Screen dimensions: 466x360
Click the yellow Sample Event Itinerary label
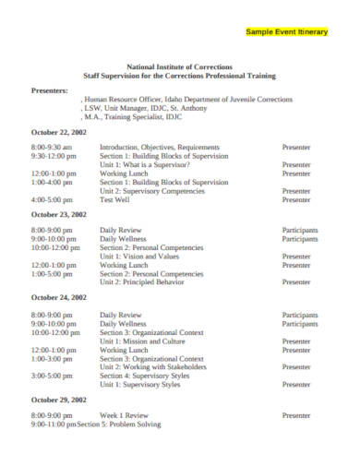tap(286, 31)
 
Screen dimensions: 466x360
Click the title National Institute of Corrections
tap(179, 66)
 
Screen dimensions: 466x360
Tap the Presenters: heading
tap(50, 90)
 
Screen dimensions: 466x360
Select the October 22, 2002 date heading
tap(59, 132)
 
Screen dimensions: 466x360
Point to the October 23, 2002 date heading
tap(59, 214)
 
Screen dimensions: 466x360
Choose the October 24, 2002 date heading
tap(59, 297)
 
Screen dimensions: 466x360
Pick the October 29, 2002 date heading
tap(59, 400)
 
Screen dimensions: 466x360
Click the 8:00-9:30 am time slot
tap(52, 147)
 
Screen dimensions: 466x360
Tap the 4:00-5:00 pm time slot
tap(52, 199)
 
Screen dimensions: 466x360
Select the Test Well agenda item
tap(115, 199)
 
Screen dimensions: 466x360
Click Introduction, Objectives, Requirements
tap(160, 147)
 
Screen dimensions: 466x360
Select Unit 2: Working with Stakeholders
tap(157, 367)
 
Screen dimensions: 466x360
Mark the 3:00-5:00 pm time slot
tap(52, 376)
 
